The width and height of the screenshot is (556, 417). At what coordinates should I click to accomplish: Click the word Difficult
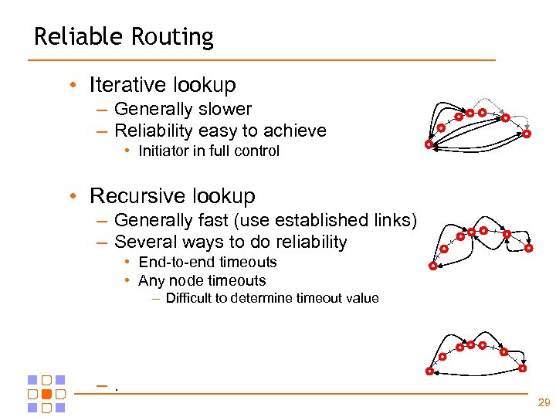pyautogui.click(x=193, y=298)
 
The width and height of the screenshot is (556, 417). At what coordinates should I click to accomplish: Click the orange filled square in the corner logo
pyautogui.click(x=46, y=393)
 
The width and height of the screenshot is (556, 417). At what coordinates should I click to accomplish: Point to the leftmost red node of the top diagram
pyautogui.click(x=429, y=144)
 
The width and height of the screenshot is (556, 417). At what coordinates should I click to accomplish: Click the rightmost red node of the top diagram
pyautogui.click(x=527, y=134)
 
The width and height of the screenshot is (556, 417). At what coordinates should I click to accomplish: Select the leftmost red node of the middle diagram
pyautogui.click(x=432, y=266)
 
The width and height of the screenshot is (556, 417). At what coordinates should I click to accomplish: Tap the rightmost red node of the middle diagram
pyautogui.click(x=529, y=249)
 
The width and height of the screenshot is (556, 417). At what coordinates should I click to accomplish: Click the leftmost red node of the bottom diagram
pyautogui.click(x=431, y=371)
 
